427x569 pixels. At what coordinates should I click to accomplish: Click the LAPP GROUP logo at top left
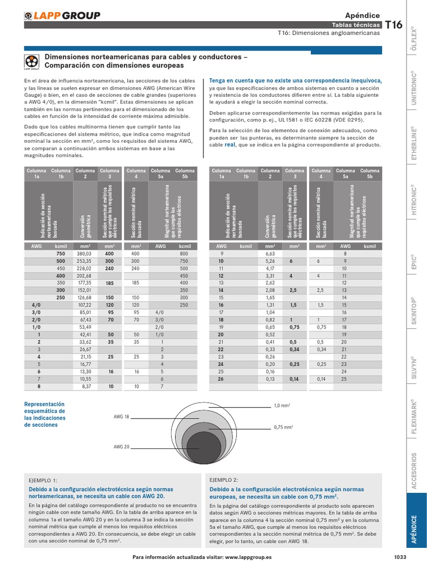point(62,16)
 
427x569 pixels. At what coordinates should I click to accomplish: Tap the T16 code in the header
point(393,25)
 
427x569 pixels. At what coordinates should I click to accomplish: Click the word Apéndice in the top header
point(363,14)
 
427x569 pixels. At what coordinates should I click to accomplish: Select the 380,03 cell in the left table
point(84,253)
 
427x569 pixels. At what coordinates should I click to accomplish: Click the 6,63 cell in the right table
point(270,253)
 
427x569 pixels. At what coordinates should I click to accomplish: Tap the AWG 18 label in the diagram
point(121,416)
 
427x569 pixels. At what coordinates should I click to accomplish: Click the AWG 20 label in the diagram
point(121,446)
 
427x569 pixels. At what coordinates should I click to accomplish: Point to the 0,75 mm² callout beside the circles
point(284,427)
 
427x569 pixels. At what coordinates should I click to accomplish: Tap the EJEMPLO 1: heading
point(43,480)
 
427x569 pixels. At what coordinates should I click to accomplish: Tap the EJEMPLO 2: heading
point(224,480)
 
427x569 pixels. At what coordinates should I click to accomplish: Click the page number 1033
point(400,557)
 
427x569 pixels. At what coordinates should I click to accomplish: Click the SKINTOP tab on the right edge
point(413,315)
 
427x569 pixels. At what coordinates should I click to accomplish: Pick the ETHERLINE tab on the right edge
point(413,144)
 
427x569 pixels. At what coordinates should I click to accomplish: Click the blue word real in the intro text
point(230,144)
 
